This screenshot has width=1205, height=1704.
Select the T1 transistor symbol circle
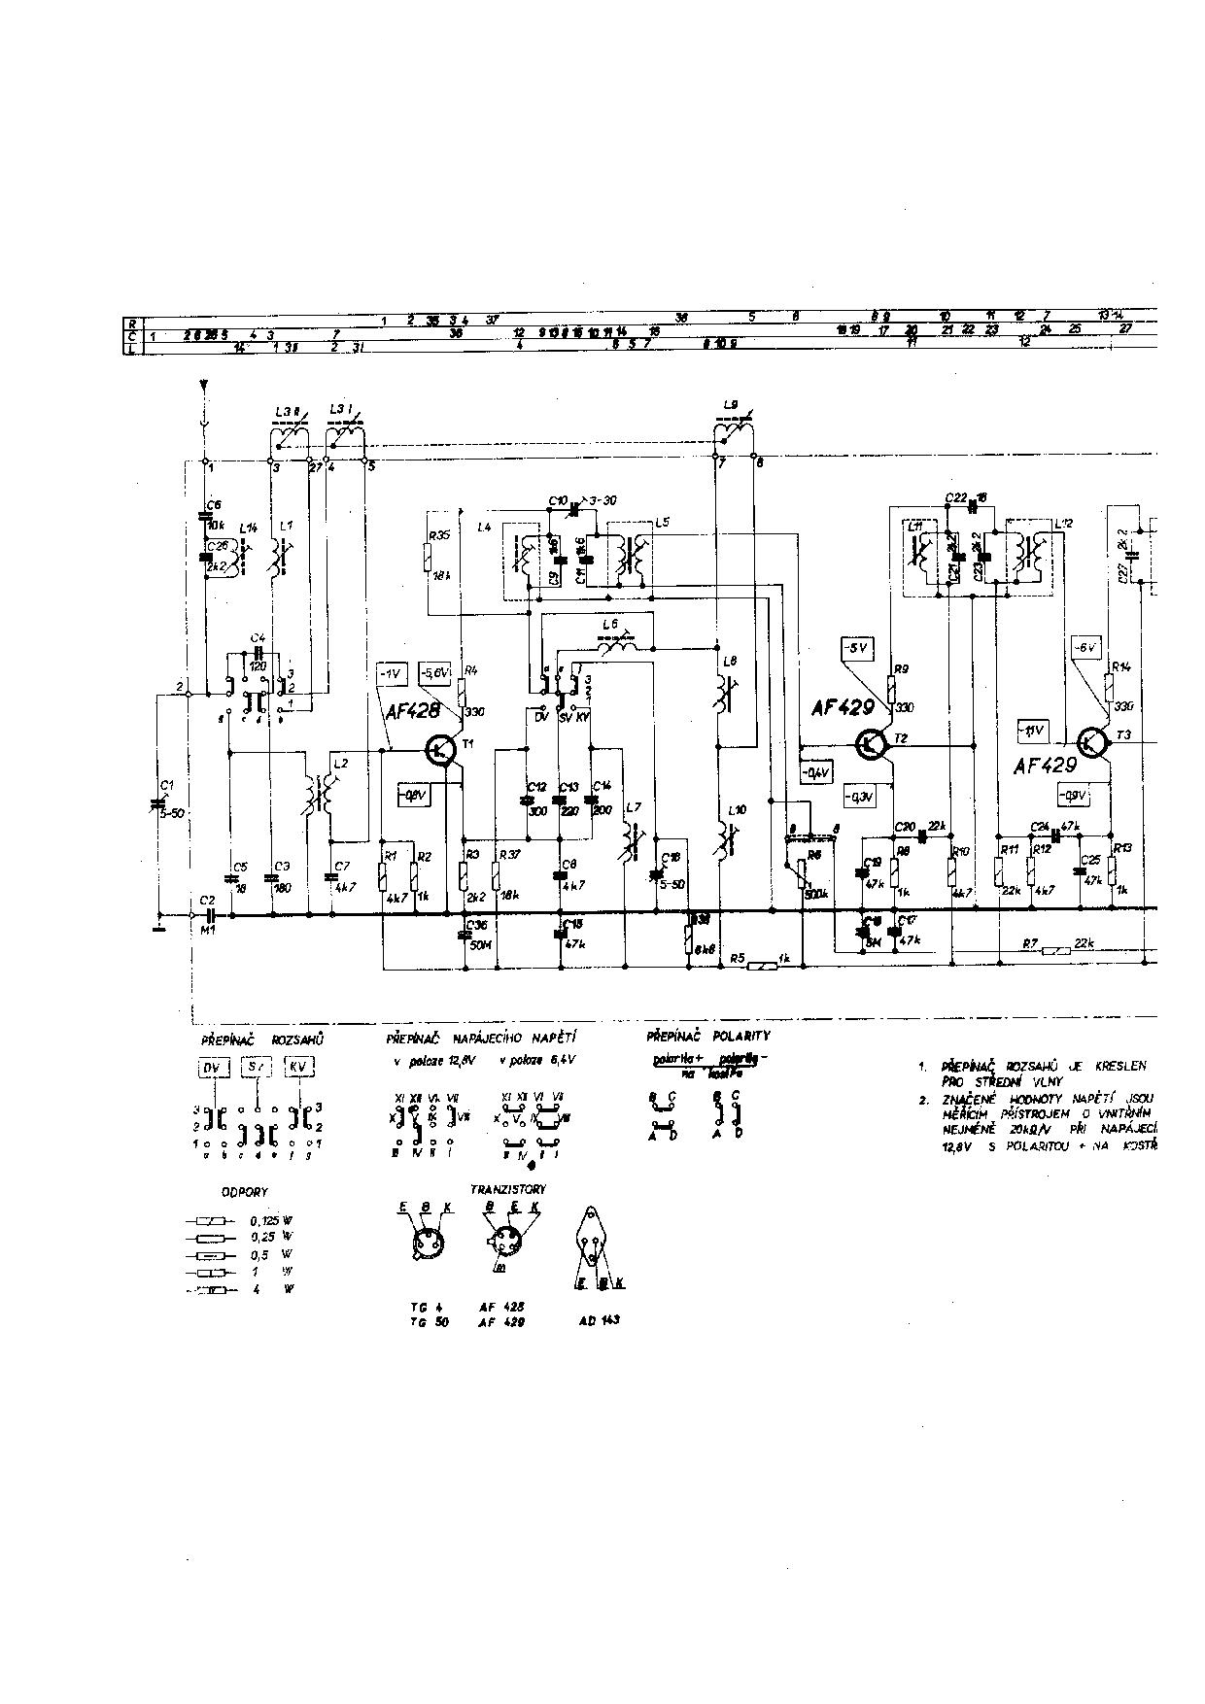[x=442, y=750]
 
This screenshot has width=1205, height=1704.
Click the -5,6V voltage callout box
[x=433, y=672]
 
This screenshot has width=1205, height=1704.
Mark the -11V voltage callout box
[x=1031, y=730]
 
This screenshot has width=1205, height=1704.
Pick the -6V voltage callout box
[x=1084, y=647]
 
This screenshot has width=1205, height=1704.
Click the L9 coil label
[x=732, y=404]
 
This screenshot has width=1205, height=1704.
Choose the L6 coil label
[x=610, y=623]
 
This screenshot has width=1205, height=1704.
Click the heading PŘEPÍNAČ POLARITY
[x=707, y=1037]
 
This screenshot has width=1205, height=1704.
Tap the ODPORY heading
[x=245, y=1191]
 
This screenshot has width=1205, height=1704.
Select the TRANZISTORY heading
[x=508, y=1189]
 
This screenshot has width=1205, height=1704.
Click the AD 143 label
[x=599, y=1320]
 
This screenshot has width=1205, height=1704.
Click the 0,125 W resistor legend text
[x=272, y=1220]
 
